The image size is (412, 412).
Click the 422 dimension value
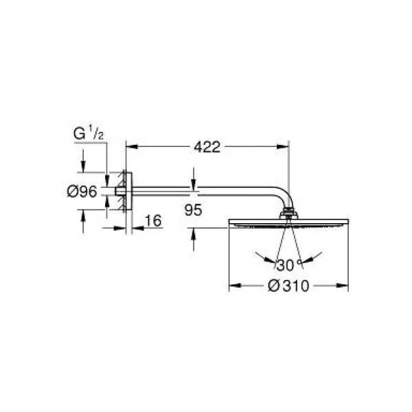[207, 147]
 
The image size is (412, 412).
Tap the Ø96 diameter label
[82, 192]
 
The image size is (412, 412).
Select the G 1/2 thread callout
[89, 134]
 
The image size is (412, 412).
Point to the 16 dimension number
[153, 220]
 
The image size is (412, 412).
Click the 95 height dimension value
[193, 210]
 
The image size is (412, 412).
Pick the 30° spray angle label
[288, 265]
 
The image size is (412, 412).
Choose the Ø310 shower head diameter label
[288, 286]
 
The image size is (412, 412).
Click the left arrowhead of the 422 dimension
[132, 147]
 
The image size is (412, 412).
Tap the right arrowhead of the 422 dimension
[283, 147]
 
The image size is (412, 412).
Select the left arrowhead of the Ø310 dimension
[235, 286]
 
